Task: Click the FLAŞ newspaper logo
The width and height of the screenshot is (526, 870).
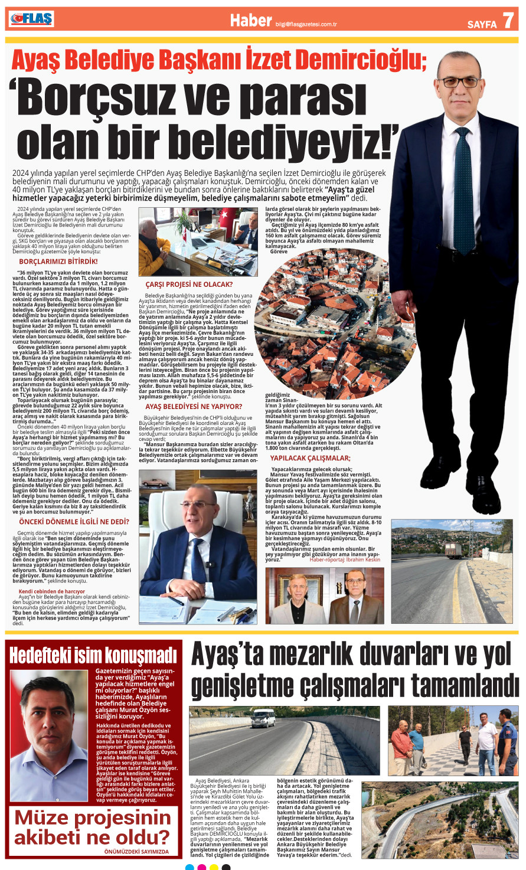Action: pos(31,19)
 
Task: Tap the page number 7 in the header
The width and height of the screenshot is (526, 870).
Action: pos(508,21)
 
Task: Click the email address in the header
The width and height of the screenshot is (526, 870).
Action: pos(306,25)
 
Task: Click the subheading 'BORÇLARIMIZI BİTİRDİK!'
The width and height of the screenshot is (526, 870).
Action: pos(58,261)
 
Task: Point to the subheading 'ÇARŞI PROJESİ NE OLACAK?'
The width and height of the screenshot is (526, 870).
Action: pos(189,284)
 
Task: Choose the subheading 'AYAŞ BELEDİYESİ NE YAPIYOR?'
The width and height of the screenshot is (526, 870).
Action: pos(193,407)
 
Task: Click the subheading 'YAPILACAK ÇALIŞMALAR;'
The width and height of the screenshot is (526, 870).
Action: pos(310,458)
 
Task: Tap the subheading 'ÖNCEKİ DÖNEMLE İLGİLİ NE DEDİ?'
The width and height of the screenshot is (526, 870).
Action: pos(74,522)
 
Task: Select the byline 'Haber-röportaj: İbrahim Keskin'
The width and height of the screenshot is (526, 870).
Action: pos(345,560)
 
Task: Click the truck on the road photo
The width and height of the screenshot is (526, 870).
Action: pos(453,550)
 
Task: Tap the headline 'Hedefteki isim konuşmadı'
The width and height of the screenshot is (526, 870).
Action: pos(93,655)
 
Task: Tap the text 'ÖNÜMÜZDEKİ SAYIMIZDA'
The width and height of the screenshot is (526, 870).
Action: pos(136,852)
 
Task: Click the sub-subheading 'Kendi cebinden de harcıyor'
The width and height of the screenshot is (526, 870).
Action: pos(52,591)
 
